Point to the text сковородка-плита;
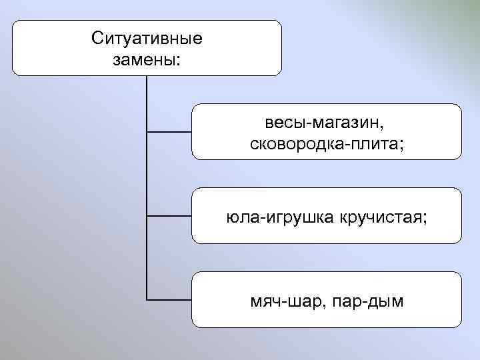(x=327, y=143)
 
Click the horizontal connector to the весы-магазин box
(x=169, y=132)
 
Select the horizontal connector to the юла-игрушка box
(x=169, y=216)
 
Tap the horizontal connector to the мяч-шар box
(x=169, y=299)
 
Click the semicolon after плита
(x=402, y=145)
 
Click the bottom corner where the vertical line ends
(x=146, y=299)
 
